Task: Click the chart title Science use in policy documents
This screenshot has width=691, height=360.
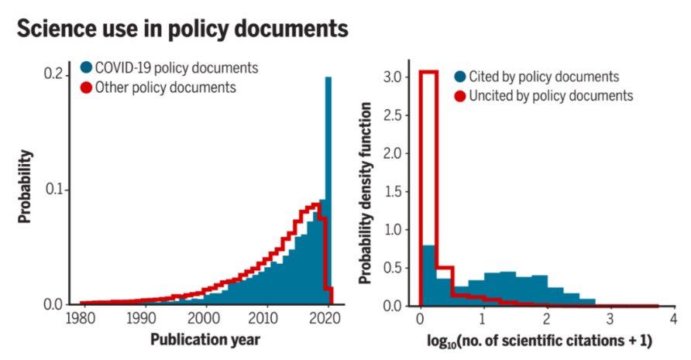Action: [182, 30]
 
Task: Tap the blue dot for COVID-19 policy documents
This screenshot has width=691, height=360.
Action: [86, 67]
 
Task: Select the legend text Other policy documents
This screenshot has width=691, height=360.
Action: [165, 87]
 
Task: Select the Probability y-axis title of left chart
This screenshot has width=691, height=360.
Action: [25, 187]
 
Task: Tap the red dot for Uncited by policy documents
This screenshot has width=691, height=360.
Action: [459, 96]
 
